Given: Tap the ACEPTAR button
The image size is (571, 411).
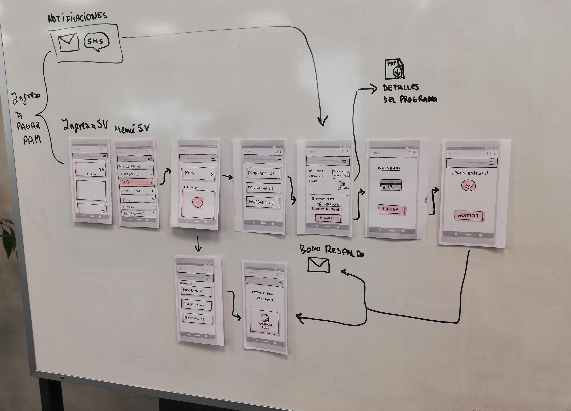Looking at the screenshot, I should point(468,216).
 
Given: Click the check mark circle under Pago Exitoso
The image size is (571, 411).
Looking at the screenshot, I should point(468,186).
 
